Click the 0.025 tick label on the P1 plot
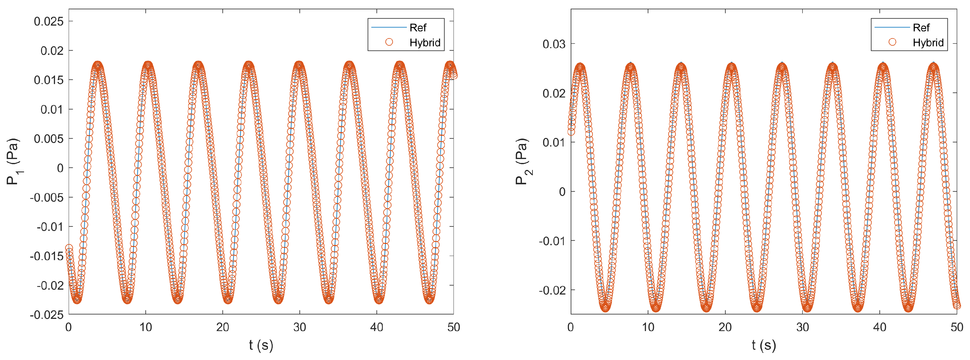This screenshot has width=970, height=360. tap(49, 21)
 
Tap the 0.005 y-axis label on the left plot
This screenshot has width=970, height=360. tap(49, 139)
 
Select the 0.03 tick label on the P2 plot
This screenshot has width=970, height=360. tap(554, 44)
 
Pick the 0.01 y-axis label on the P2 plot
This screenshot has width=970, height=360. tap(554, 142)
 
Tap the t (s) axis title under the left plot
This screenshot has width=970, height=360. tap(261, 345)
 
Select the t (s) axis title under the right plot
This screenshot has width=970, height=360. tap(764, 345)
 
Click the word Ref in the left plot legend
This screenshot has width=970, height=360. tap(418, 27)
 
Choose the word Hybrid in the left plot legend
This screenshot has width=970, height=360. tap(425, 43)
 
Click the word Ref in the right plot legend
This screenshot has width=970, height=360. tap(921, 27)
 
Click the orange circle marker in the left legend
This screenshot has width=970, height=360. tap(389, 42)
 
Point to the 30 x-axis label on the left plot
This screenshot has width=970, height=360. tap(300, 327)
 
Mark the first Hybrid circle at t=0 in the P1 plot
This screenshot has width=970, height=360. tap(69, 248)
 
